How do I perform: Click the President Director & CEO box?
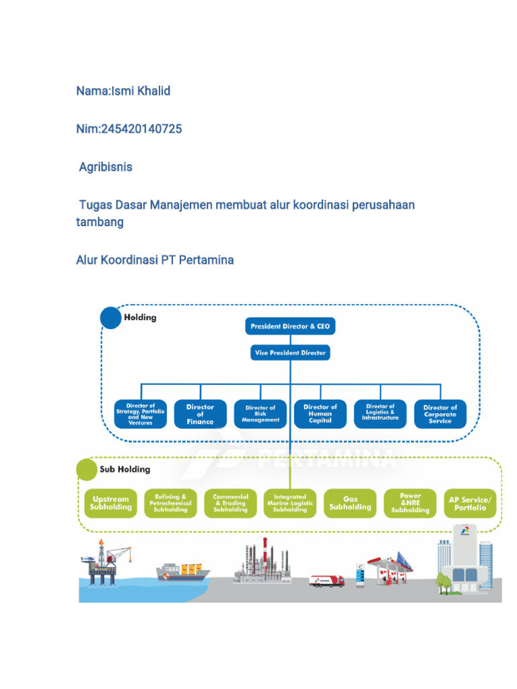[289, 327]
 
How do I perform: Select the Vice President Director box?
[289, 353]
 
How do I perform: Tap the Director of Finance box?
[200, 414]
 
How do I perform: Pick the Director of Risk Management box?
[260, 414]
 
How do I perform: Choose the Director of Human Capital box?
[320, 414]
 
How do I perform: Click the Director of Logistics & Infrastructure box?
[380, 412]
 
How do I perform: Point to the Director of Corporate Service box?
[440, 414]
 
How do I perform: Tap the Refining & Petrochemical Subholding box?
[170, 503]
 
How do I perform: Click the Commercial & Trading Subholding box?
[230, 503]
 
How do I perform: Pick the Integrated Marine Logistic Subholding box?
[290, 503]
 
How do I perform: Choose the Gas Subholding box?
[350, 503]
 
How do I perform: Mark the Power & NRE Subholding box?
[410, 503]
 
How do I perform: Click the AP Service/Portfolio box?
[470, 503]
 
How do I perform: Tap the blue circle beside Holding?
[110, 318]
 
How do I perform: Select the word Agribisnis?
[106, 167]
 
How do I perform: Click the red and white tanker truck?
[327, 581]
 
